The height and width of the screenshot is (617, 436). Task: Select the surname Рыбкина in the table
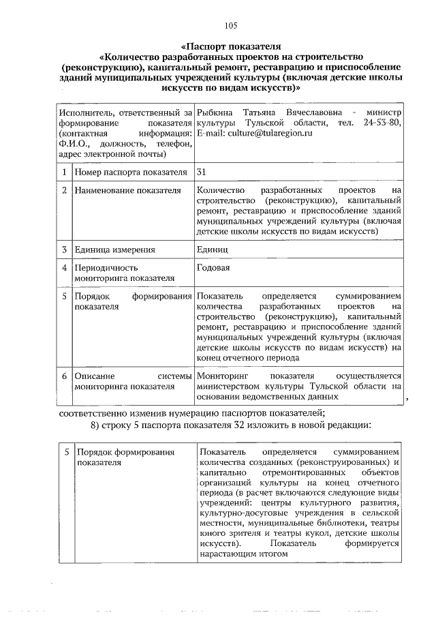coord(215,111)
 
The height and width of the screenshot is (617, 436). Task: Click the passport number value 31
coord(201,172)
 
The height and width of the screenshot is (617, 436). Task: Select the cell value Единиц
coord(212,250)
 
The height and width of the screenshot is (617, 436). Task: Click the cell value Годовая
coord(213,268)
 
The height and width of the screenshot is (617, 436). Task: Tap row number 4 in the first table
coord(63,268)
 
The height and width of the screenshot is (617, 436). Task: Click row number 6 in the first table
coord(63,376)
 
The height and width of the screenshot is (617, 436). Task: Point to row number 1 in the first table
coord(63,172)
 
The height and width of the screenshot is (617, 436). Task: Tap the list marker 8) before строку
coord(96,426)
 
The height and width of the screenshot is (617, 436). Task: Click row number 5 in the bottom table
coord(66,452)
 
